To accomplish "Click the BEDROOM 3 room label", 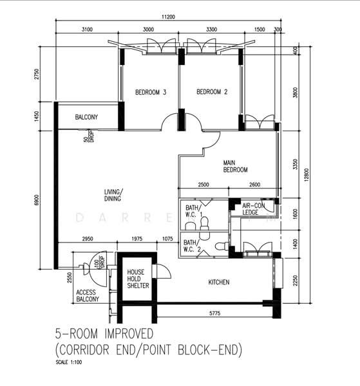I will (x=151, y=93).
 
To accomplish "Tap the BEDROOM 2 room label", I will (x=212, y=92).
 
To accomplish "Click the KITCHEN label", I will (x=219, y=282).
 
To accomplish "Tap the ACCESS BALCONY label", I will (x=88, y=295).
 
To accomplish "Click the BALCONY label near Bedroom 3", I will (x=86, y=117).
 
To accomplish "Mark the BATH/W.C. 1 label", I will (x=193, y=212).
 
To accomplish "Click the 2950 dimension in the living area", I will (x=88, y=239).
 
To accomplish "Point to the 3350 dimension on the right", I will (x=295, y=165).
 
